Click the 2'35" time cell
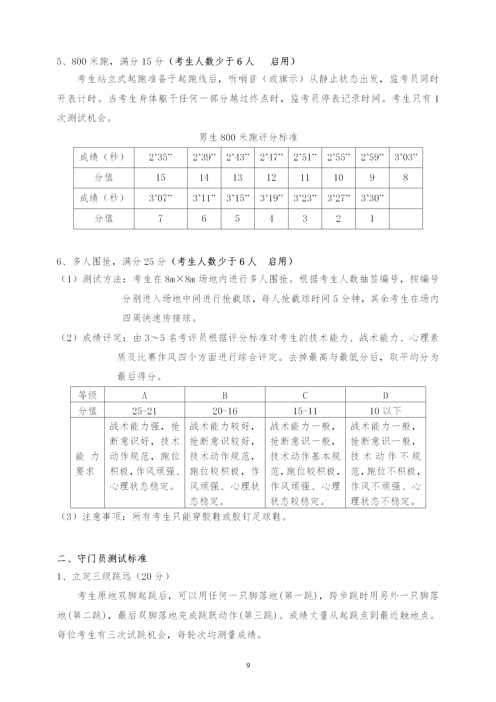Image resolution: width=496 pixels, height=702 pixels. pos(161,157)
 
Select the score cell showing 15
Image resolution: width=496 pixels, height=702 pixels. pos(161,178)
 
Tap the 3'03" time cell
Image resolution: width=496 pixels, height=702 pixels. pos(406,157)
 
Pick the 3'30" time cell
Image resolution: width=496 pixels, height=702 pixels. pos(372,198)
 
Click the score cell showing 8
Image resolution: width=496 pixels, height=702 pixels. pos(406,178)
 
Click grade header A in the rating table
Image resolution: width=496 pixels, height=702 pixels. pos(144,396)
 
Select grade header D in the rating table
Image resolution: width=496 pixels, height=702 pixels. pos(385,396)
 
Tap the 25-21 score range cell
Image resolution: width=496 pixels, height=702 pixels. pos(144,411)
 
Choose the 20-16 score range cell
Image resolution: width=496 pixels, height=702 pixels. pos(225,411)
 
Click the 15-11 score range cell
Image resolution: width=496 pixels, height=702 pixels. pos(305,411)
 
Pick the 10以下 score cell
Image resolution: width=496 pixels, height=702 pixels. pos(385,411)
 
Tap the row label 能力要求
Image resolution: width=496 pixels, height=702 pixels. pos(87,464)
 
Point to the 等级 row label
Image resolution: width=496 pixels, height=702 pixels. pos(87,396)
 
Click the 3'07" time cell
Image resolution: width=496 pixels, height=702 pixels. pos(161,198)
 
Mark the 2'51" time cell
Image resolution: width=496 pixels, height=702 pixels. pos(305,157)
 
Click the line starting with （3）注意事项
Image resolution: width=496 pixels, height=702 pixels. pos(173,517)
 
